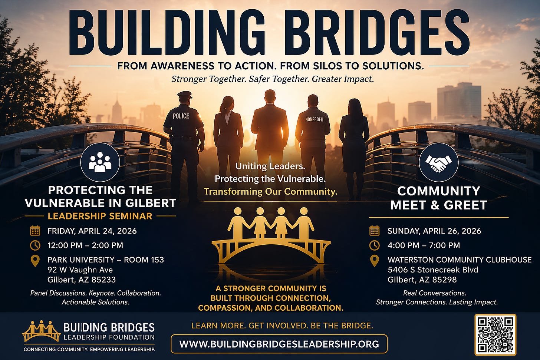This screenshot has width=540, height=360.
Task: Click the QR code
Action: [495, 335]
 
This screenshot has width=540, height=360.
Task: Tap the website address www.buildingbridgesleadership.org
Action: [279, 344]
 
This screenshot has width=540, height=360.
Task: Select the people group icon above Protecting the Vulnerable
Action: [100, 162]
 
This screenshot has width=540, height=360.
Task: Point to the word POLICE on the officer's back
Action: [181, 116]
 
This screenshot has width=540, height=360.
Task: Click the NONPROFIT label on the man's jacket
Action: [314, 119]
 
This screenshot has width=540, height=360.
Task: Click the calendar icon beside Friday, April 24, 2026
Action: [35, 231]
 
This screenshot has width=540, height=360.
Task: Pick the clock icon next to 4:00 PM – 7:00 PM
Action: [375, 245]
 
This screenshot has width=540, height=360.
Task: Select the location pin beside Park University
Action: [35, 261]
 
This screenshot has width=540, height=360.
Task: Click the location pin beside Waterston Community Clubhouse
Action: [375, 261]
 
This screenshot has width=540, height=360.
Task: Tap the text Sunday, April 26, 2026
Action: [434, 231]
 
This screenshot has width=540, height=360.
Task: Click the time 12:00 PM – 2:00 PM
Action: [85, 245]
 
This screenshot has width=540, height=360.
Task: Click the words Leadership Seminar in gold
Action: [100, 216]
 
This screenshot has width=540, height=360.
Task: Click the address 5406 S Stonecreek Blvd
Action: [433, 270]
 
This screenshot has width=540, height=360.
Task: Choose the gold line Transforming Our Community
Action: [270, 191]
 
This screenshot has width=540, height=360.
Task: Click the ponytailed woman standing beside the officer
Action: [228, 137]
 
